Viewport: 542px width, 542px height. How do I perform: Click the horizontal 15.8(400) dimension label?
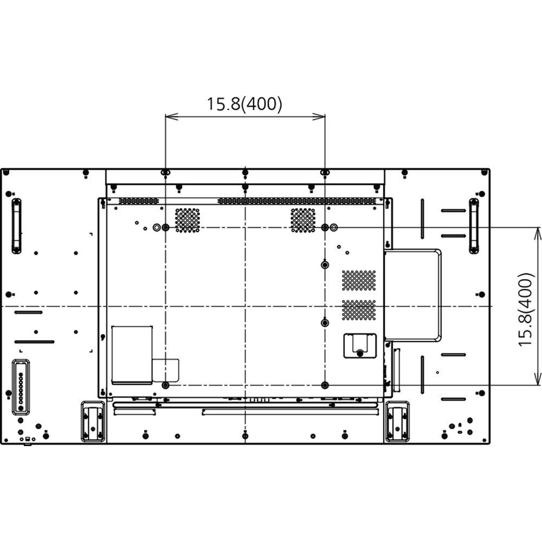point(244,104)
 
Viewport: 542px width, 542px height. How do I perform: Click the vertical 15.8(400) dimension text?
point(525,309)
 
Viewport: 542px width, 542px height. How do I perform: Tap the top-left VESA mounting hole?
point(166,228)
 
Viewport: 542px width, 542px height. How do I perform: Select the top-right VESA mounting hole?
point(325,228)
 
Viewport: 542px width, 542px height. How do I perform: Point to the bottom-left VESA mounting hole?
point(166,385)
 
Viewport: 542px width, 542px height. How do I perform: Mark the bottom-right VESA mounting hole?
point(325,385)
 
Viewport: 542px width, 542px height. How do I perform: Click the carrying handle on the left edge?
point(16,225)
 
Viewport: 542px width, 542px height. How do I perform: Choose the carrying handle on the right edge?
point(474,225)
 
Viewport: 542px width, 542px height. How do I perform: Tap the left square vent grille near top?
point(188,220)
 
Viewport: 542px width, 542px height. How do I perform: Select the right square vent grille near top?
point(303,220)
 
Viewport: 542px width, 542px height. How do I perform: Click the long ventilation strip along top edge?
point(297,201)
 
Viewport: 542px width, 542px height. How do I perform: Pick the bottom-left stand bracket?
point(93,421)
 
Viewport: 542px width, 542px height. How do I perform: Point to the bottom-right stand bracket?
point(397,421)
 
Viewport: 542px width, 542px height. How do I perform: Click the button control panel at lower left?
point(21,387)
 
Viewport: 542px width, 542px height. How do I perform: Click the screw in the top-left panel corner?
point(6,173)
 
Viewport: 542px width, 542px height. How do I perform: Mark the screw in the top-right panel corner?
point(485,173)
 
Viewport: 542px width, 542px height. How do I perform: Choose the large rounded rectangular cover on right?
point(412,295)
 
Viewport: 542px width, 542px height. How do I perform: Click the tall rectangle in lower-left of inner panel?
point(132,355)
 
